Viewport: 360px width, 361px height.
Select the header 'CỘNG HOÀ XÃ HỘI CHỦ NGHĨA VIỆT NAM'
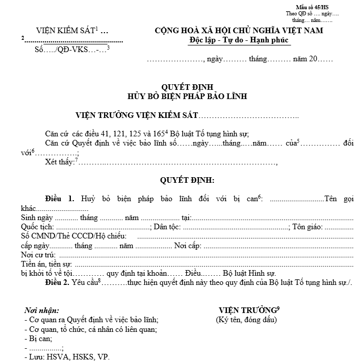(239, 31)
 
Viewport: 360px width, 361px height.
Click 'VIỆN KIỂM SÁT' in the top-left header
(66, 31)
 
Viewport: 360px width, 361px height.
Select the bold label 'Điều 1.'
(60, 199)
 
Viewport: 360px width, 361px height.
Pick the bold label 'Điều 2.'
(60, 282)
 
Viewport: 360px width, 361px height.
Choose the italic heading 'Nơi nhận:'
(41, 310)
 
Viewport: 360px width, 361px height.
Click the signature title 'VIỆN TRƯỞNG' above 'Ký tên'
(247, 310)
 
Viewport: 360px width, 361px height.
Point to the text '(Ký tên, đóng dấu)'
(246, 320)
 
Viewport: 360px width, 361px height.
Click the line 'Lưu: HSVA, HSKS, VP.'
(68, 357)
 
